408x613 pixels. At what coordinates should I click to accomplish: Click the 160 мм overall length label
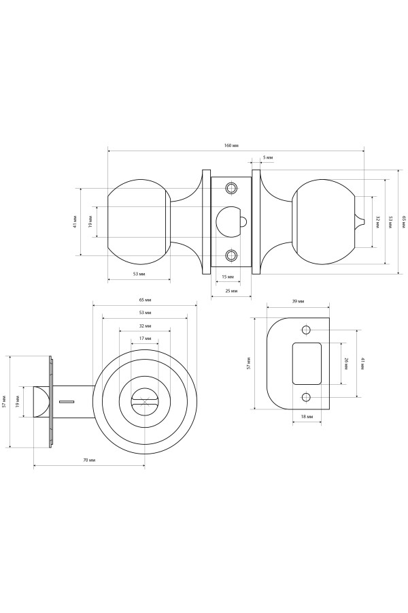(231, 146)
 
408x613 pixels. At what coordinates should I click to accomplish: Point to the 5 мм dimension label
(268, 157)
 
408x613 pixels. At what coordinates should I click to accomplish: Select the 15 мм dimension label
(228, 277)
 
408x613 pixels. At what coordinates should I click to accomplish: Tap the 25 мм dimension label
(231, 292)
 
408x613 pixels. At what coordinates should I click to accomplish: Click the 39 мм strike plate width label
(298, 302)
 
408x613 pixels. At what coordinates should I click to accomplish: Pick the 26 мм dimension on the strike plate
(346, 364)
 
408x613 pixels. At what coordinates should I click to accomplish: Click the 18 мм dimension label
(307, 417)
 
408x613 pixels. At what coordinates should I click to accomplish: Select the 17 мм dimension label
(145, 338)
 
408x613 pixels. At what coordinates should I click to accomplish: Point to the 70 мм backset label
(89, 460)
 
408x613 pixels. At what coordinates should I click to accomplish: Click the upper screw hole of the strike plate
(306, 330)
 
